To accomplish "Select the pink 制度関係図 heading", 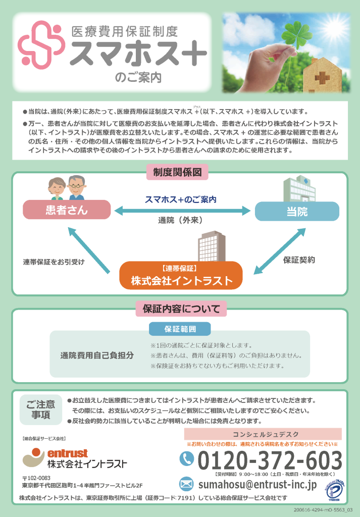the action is click(177, 172).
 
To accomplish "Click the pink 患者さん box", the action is click(67, 210).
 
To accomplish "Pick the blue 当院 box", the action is click(297, 212).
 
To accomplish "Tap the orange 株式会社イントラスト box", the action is click(181, 276).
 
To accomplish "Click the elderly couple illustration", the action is click(67, 188).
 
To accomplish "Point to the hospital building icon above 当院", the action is click(299, 189).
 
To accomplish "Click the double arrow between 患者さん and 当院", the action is click(182, 211).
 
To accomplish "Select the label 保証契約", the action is click(299, 260).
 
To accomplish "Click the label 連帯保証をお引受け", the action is click(54, 262).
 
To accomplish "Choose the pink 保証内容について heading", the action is click(181, 308).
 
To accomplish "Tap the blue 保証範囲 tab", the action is click(180, 329).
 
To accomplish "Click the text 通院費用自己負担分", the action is click(97, 355).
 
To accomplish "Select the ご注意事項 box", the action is click(41, 409).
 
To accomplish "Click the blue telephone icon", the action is click(187, 458).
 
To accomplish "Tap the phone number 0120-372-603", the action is click(270, 460).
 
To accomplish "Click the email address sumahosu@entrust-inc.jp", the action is click(258, 484).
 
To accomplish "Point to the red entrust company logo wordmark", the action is click(68, 453).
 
